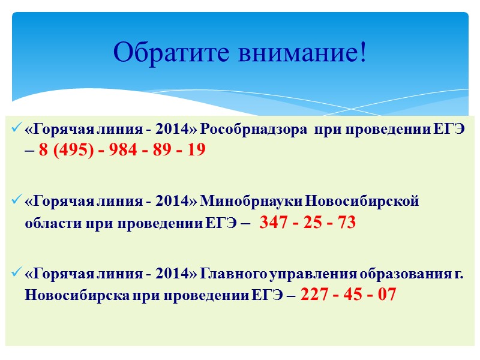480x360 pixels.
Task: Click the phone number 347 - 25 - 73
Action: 308,223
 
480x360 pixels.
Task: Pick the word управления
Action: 312,274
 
